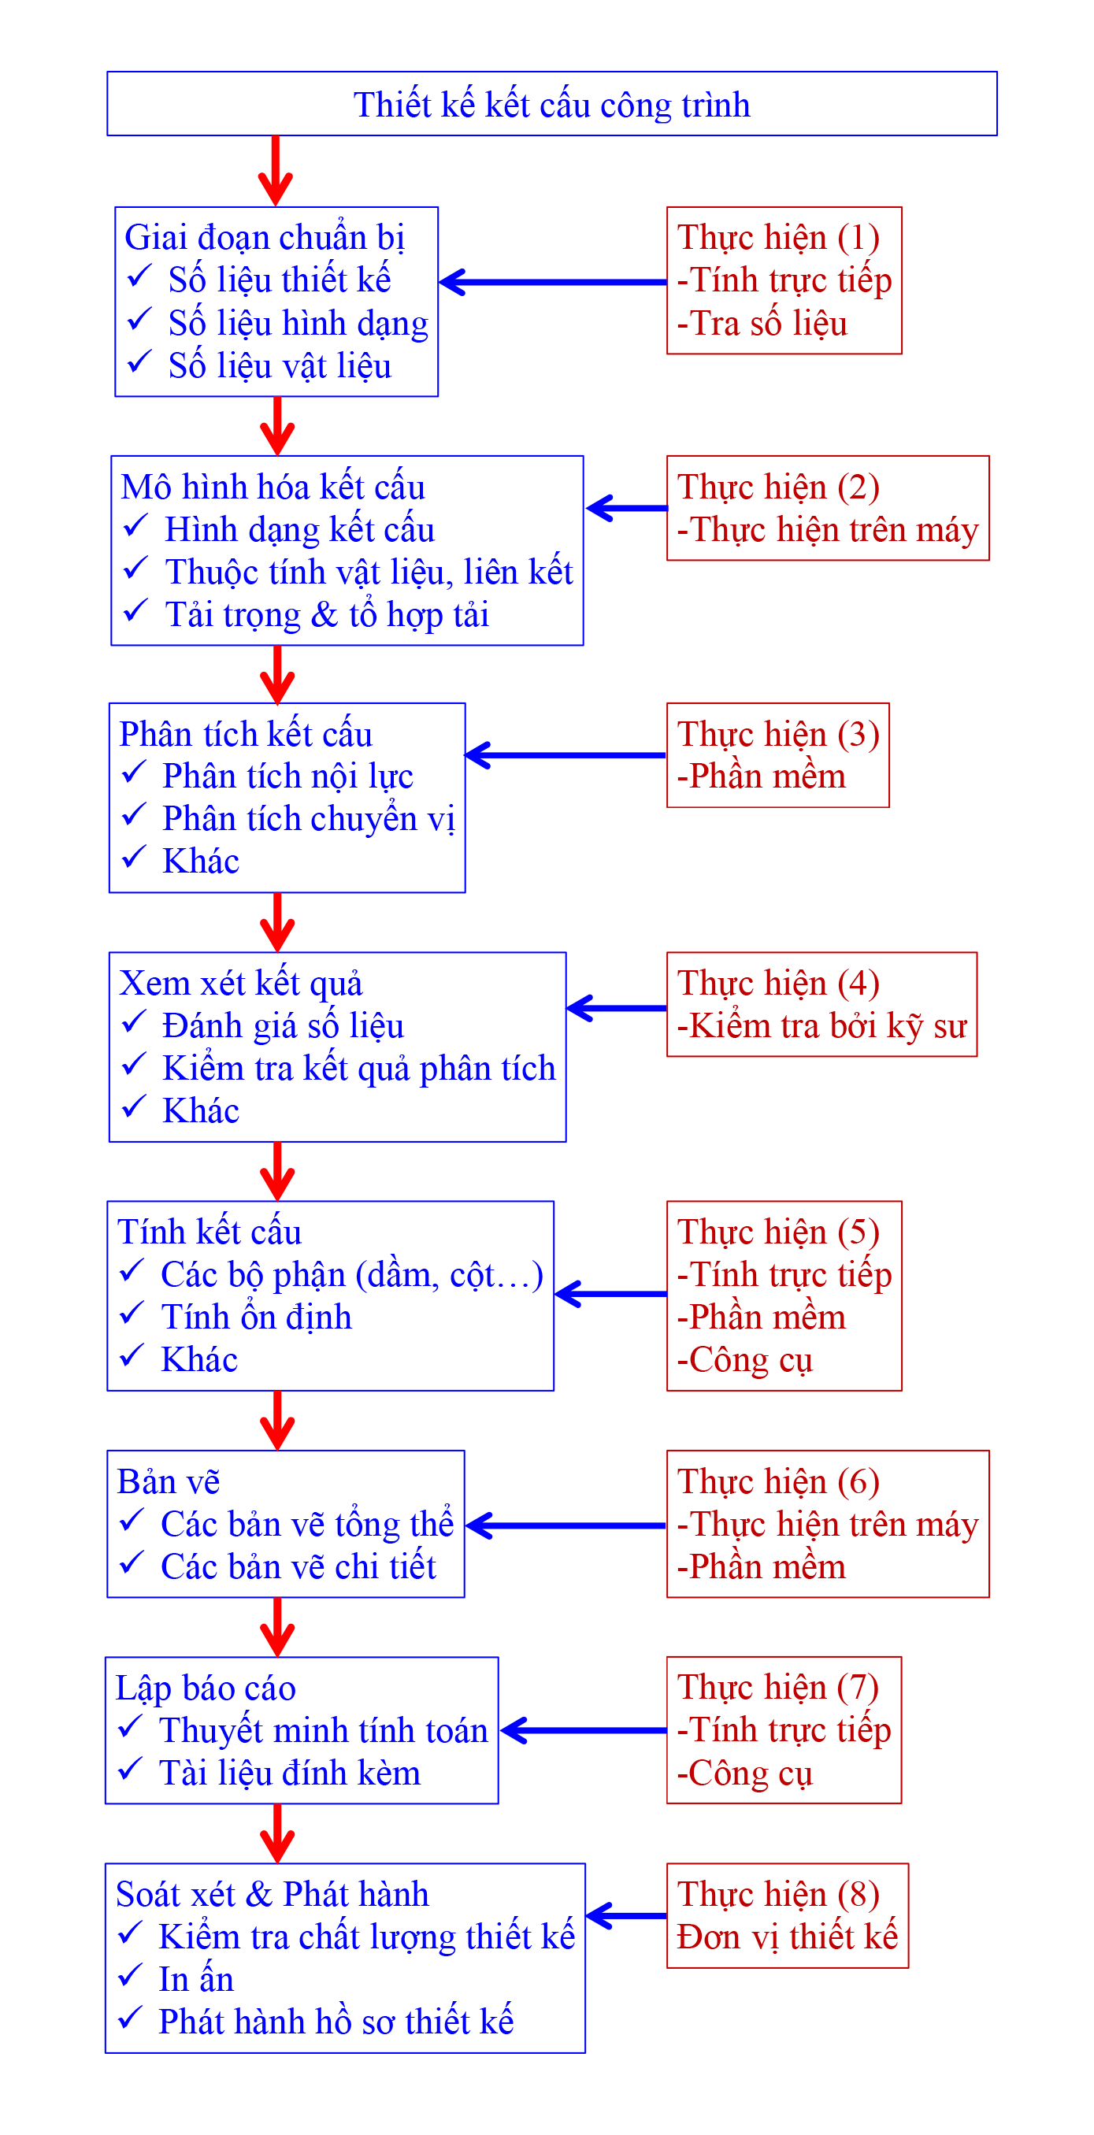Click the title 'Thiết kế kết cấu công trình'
coord(551,106)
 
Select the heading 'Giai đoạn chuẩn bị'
coord(264,237)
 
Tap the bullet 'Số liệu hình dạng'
coord(298,323)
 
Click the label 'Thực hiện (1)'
coord(777,237)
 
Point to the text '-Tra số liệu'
coord(762,323)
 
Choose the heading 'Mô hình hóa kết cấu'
coord(273,487)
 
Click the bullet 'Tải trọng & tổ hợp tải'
coord(327,615)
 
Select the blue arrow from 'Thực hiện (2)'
coord(627,508)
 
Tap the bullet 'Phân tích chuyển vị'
coord(308,819)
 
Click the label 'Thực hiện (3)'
coord(777,734)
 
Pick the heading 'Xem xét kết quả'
coord(240,983)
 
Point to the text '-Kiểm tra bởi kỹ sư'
coord(821,1026)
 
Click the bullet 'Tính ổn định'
coord(256,1317)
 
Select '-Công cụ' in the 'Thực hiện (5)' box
coord(744,1360)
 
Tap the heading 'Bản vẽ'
coord(169,1481)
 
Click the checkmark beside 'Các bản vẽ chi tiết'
coord(132,1563)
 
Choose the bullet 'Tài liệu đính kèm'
coord(289,1773)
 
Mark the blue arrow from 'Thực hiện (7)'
coord(584,1729)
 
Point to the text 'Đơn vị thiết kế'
coord(787,1937)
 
